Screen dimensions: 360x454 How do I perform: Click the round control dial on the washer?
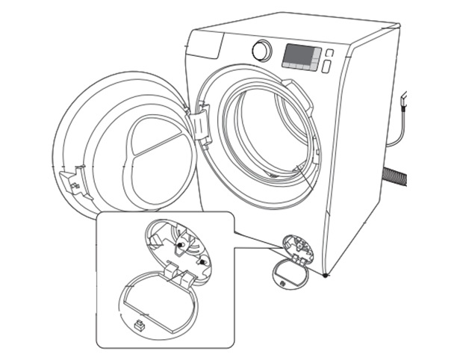pos(261,50)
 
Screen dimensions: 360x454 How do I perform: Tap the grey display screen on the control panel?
pos(302,58)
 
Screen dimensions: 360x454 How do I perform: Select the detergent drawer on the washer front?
pos(206,47)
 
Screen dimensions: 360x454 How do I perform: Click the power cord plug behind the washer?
pos(404,100)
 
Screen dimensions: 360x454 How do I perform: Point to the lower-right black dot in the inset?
pos(202,261)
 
